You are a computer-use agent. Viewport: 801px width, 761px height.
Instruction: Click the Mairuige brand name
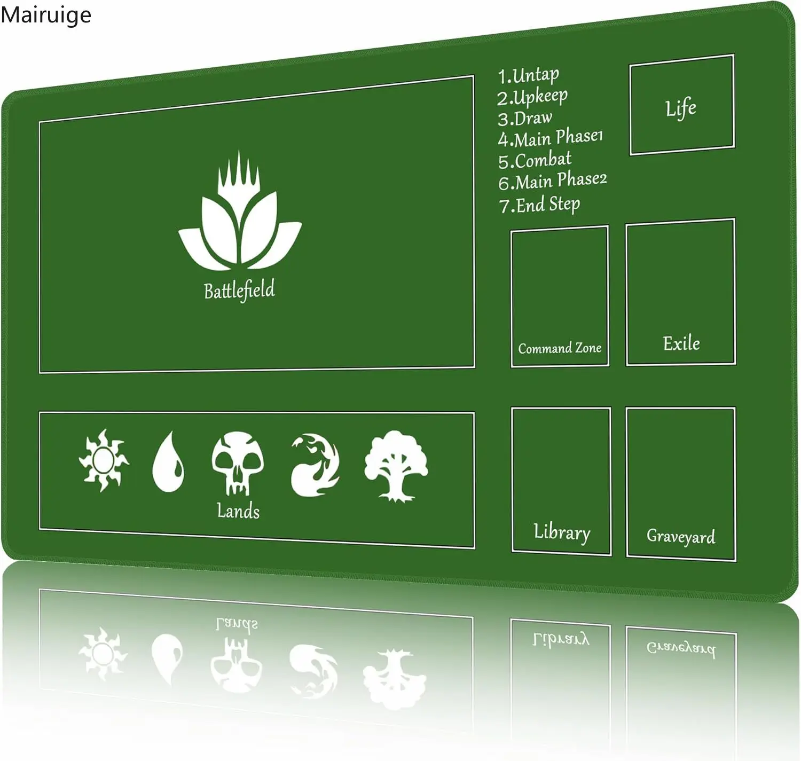tap(46, 15)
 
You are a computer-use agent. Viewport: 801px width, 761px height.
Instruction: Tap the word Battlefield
tap(239, 290)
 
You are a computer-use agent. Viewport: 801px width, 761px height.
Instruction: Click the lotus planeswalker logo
tap(240, 214)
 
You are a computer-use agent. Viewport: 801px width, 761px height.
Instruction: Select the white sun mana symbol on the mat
tap(104, 460)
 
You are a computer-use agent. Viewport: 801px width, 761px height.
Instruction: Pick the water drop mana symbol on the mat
tap(168, 462)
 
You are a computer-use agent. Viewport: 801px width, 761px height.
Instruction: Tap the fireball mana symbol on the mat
tap(315, 465)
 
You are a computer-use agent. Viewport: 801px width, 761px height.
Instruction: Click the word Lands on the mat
tap(238, 511)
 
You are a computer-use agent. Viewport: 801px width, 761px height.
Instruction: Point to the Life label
tap(681, 108)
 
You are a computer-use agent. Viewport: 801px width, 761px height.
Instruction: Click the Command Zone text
tap(560, 348)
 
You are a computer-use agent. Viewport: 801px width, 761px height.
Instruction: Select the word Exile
tap(681, 343)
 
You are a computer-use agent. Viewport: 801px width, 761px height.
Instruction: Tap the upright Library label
tap(562, 532)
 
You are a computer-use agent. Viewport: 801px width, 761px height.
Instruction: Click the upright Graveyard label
tap(681, 536)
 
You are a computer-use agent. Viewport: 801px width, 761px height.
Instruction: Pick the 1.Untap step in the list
tap(529, 75)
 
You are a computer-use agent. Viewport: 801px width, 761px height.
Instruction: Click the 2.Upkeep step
tap(532, 97)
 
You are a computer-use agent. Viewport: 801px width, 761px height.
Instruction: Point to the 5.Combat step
tap(535, 160)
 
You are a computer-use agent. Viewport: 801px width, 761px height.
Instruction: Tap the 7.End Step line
tap(539, 205)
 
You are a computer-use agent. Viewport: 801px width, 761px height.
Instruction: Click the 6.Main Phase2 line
tap(553, 182)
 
